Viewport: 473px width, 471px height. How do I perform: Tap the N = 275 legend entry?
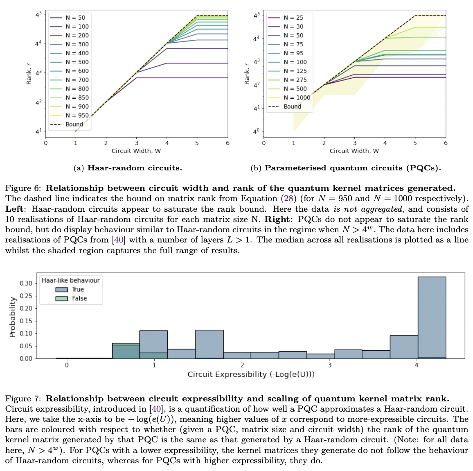295,80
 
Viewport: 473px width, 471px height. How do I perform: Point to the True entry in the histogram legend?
77,289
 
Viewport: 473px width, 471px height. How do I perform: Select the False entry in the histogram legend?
79,298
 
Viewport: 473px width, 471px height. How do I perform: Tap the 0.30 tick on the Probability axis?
26,283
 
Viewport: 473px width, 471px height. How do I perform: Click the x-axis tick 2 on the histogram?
242,365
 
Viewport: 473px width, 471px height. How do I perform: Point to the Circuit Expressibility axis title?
251,374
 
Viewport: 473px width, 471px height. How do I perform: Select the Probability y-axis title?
12,317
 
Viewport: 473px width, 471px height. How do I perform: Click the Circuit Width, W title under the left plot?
136,151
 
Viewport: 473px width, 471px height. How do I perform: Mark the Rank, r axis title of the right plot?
246,74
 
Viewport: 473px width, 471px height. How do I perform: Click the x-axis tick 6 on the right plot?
446,143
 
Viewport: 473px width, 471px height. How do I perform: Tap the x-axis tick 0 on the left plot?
45,143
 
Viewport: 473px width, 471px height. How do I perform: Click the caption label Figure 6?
23,188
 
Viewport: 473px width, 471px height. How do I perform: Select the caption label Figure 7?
23,399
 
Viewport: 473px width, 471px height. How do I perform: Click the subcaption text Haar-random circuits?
135,168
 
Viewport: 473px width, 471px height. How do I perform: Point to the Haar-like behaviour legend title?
70,280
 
